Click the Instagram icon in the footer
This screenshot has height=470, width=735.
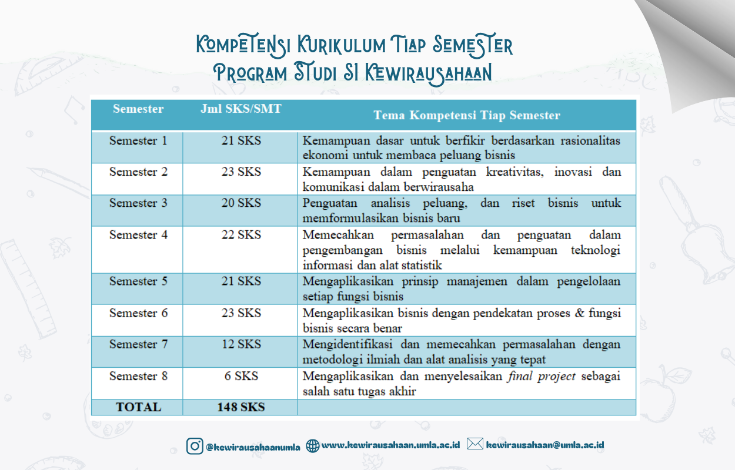(195, 446)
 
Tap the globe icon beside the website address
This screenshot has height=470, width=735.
(313, 446)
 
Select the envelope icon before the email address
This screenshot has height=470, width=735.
(475, 444)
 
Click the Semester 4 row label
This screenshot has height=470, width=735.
(138, 235)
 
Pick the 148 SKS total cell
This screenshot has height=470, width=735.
(241, 407)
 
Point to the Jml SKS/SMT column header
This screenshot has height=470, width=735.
(241, 109)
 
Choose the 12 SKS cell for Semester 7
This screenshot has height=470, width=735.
(241, 344)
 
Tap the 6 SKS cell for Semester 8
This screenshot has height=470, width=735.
(241, 376)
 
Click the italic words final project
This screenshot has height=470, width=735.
(541, 376)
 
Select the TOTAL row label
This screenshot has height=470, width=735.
(138, 407)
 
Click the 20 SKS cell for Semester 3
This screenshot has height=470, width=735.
(241, 203)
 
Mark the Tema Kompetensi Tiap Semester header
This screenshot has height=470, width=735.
(467, 115)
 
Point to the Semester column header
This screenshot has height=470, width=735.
(138, 109)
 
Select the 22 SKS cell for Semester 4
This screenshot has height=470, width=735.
(241, 235)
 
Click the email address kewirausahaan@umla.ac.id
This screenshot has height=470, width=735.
(545, 445)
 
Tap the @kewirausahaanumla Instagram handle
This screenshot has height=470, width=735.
(253, 447)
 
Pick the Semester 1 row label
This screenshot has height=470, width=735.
(138, 141)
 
